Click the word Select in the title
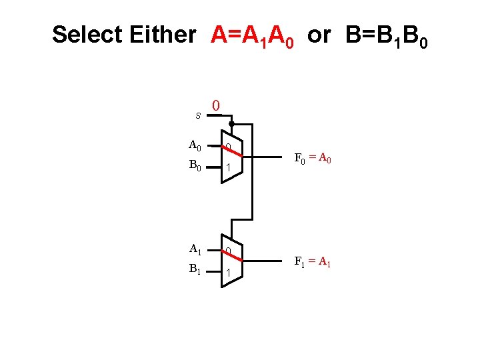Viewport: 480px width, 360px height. [87, 35]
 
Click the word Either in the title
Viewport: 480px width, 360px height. [163, 35]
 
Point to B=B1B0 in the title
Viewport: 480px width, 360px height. [387, 35]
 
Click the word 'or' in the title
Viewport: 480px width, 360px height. [319, 35]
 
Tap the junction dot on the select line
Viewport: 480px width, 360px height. [231, 124]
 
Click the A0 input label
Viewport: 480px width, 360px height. [195, 145]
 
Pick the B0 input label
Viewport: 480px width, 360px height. [195, 165]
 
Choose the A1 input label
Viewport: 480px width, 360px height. [195, 249]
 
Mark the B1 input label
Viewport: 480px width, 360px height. [195, 270]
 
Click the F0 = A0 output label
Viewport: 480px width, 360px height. [313, 159]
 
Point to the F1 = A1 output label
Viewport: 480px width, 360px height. [313, 262]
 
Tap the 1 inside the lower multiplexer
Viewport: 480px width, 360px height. [228, 273]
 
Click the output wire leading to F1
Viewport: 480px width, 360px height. [267, 261]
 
